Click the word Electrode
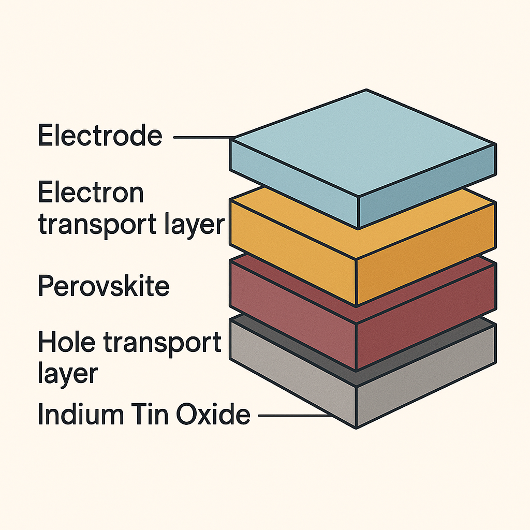tap(100, 135)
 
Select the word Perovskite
tap(104, 286)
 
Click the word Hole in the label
tap(67, 342)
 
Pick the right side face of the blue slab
tap(427, 186)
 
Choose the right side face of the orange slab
tap(426, 254)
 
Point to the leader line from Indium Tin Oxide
tap(295, 415)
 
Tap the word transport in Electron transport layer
tap(97, 225)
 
